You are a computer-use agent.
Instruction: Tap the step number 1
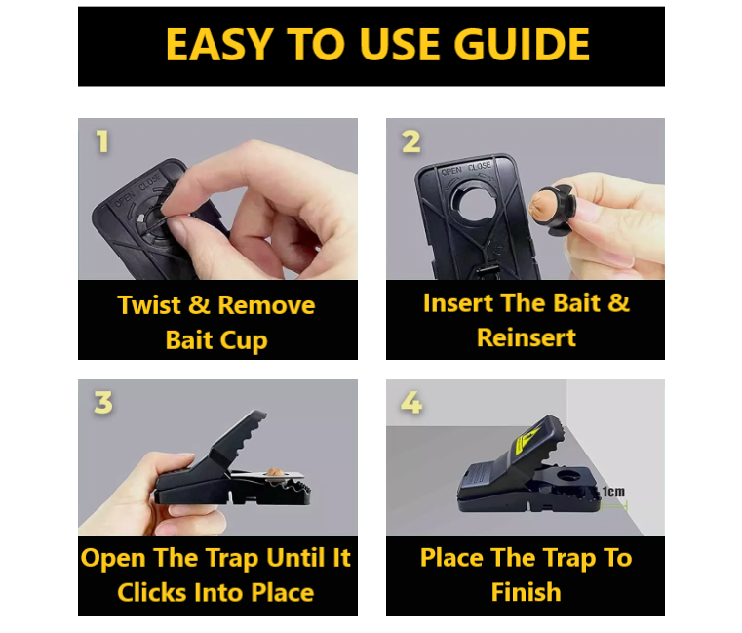101,142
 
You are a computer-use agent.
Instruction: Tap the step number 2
410,142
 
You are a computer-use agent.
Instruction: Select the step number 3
102,403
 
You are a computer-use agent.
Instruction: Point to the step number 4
411,403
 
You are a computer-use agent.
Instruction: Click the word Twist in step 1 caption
149,305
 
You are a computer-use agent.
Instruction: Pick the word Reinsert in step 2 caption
526,338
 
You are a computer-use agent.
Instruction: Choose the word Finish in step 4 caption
526,592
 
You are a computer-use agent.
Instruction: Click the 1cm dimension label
613,492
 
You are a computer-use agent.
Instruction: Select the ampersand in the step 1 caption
200,305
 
